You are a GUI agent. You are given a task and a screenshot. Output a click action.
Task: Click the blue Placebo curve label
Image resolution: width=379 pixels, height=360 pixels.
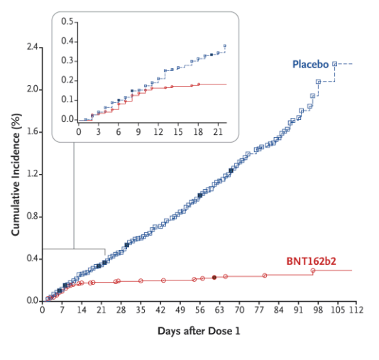coord(310,65)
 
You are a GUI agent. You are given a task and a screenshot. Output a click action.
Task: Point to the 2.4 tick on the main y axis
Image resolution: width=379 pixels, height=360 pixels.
coord(33,48)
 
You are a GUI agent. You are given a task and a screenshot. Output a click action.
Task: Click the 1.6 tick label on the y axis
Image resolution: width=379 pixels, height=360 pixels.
coord(33,132)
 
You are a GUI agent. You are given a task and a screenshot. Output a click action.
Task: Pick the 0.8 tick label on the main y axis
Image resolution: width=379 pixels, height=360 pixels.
coord(33,217)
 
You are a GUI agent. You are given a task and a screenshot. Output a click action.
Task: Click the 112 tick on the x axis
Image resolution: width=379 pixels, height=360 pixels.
coord(356,310)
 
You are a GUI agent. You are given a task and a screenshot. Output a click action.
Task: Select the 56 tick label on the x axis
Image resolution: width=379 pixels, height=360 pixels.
coord(199,310)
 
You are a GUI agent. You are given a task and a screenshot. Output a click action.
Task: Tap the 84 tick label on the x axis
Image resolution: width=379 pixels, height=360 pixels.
coord(278,310)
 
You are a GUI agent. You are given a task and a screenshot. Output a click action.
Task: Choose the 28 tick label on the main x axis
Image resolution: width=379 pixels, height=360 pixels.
coord(121,310)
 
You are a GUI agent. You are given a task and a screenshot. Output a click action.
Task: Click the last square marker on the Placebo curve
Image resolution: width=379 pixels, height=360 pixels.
coord(335,64)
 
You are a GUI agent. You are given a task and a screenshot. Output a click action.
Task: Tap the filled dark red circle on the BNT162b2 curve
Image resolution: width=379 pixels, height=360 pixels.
coord(214,278)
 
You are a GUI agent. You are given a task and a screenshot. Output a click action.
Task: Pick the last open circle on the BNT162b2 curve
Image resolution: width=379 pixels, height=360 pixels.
coord(313,271)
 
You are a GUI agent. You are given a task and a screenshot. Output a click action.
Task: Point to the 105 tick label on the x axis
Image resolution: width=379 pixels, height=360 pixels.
coord(336,310)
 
